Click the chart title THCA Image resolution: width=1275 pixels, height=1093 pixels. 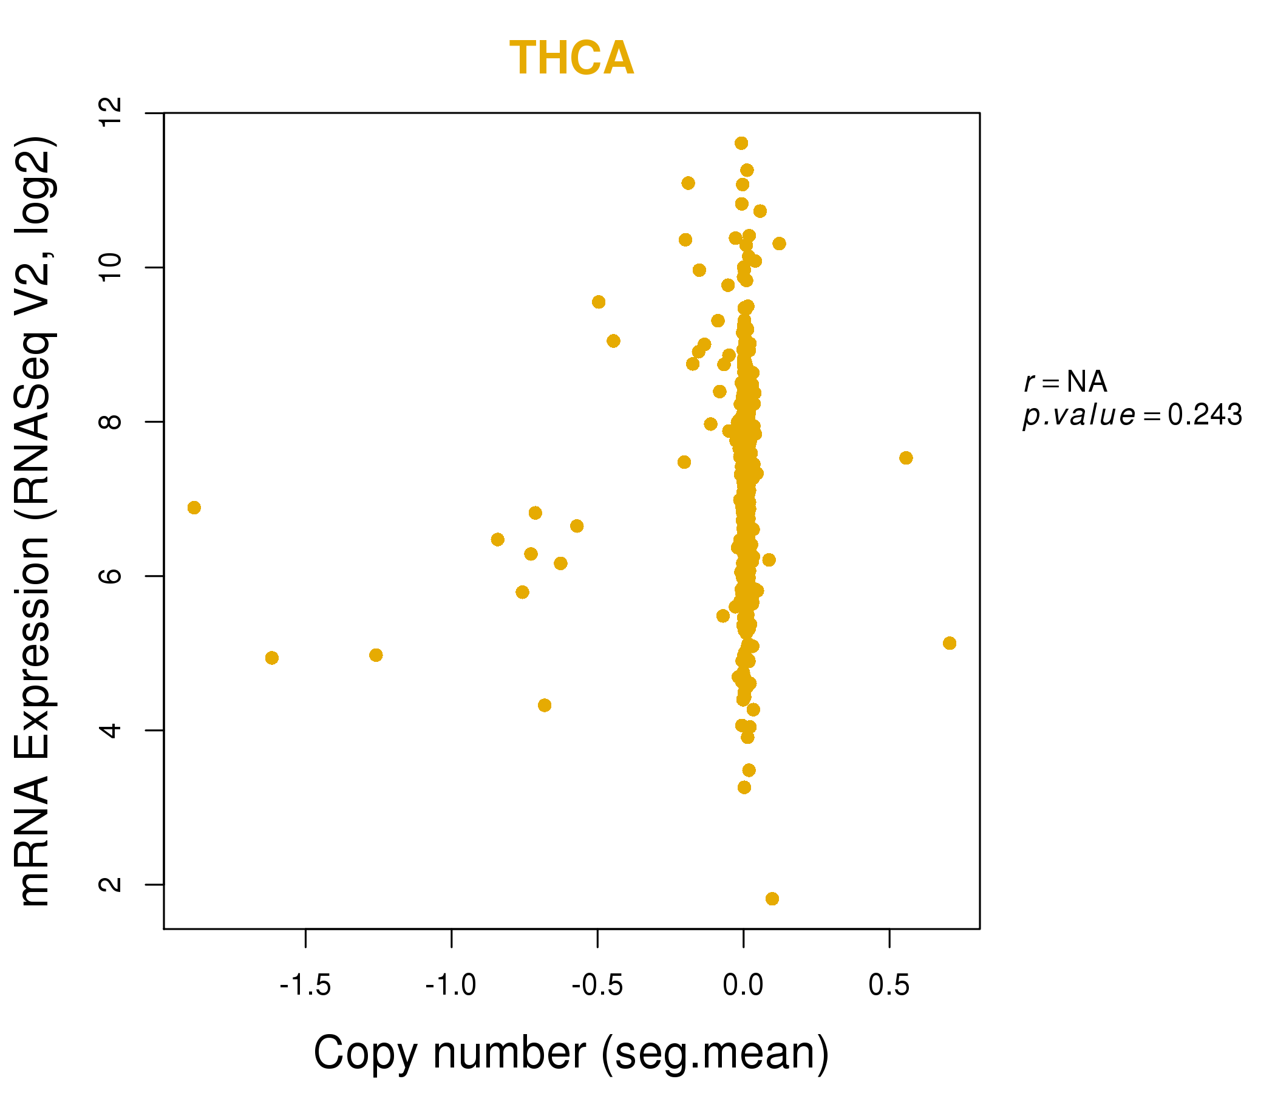click(x=572, y=58)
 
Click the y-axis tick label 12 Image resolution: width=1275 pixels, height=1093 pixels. click(x=111, y=113)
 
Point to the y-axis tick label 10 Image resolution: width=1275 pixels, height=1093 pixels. click(x=111, y=268)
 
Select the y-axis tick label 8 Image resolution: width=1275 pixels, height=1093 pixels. click(x=111, y=422)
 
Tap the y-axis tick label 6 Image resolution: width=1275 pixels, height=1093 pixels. click(x=111, y=577)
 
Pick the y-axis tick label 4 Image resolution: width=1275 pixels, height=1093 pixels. click(x=111, y=731)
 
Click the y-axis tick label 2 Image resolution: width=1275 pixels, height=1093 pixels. click(x=111, y=885)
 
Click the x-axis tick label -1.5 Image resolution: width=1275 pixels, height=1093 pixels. click(x=306, y=986)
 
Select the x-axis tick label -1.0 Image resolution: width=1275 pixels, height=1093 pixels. click(x=452, y=986)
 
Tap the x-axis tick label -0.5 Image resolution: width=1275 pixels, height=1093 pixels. click(x=597, y=986)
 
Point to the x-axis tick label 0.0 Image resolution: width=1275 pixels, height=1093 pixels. click(x=743, y=986)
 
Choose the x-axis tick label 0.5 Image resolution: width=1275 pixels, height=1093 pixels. click(x=889, y=986)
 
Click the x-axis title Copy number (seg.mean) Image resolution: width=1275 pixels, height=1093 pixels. click(x=572, y=1054)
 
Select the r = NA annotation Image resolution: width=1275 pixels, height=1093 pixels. click(x=1066, y=382)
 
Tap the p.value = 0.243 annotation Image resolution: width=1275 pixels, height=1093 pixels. click(x=1133, y=416)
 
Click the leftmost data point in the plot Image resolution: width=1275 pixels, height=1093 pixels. click(x=194, y=508)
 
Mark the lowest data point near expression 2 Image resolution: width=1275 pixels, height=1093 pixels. click(x=772, y=899)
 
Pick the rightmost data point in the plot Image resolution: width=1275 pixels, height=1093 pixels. click(x=950, y=643)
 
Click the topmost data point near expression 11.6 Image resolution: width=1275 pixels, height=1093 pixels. click(x=741, y=143)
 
